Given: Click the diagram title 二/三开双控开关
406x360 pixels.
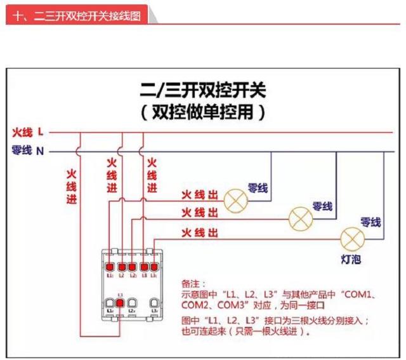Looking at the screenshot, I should (203, 90).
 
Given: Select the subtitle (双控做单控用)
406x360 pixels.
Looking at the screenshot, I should (203, 113).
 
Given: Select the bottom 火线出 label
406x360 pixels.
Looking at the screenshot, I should (199, 232).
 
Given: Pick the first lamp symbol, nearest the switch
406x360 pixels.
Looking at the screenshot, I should (237, 200).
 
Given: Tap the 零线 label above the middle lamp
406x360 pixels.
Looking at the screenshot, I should (322, 207).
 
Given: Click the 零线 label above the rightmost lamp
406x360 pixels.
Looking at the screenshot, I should (370, 222).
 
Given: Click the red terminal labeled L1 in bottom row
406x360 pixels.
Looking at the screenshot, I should (120, 303).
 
